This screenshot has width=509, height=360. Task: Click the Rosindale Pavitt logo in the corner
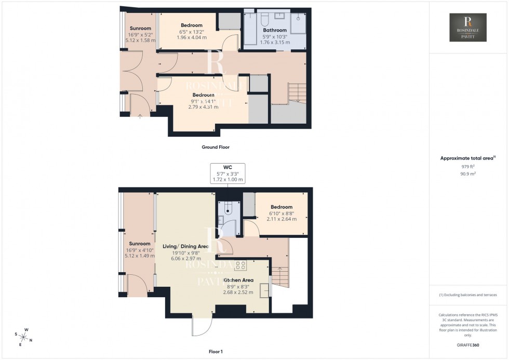(x=467, y=28)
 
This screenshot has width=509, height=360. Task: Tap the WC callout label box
(x=227, y=172)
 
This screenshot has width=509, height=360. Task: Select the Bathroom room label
(x=275, y=31)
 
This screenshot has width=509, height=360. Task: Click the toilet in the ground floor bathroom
(x=264, y=20)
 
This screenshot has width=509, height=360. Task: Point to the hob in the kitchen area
(x=240, y=265)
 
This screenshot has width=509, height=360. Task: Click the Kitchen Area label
(x=238, y=280)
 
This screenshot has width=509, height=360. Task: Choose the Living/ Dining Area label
(x=185, y=246)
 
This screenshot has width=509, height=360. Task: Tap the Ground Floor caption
(x=216, y=147)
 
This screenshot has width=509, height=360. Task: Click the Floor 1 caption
(x=215, y=352)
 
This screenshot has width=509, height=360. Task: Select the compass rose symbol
(x=24, y=337)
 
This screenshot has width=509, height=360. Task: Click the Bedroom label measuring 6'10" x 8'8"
(x=281, y=207)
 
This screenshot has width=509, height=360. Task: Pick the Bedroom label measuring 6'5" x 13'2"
(x=191, y=25)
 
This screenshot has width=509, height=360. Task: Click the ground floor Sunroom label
(x=140, y=28)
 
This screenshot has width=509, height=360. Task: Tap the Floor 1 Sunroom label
(x=139, y=244)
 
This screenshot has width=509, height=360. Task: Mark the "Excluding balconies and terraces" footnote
(x=468, y=295)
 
